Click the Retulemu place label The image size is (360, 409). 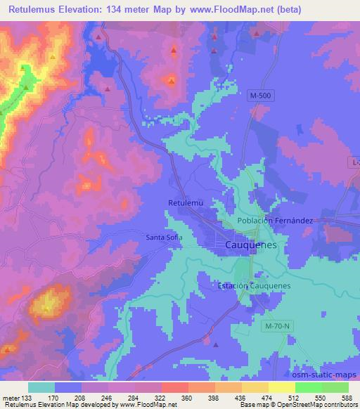pyautogui.click(x=186, y=203)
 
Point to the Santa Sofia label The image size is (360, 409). pyautogui.click(x=165, y=237)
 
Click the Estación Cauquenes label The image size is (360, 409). pyautogui.click(x=254, y=286)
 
